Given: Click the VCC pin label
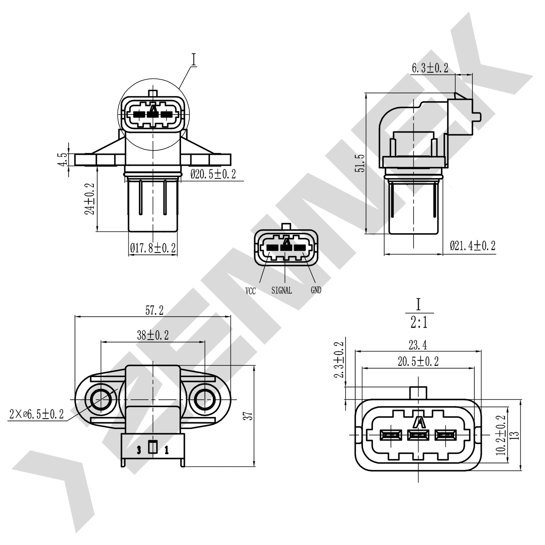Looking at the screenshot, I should (x=250, y=291).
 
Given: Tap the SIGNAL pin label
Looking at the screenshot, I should (x=282, y=291).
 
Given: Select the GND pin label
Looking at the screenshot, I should (x=316, y=290).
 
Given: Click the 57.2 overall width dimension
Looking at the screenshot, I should (x=154, y=310).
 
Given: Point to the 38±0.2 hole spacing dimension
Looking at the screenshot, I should (x=153, y=335).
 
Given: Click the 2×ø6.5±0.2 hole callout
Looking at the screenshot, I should (x=37, y=414).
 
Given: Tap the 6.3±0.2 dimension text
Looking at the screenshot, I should (x=430, y=68).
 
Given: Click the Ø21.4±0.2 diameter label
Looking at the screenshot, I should (x=472, y=246).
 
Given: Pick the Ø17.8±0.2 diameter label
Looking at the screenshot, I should (x=153, y=248).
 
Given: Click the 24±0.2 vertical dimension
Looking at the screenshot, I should (x=90, y=199).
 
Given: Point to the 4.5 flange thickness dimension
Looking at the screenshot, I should (x=62, y=160).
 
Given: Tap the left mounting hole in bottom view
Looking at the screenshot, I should (x=101, y=400).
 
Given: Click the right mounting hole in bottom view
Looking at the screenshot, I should (x=205, y=400).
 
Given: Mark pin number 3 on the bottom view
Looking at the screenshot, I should (x=139, y=451).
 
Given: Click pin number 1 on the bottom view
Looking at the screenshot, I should (x=166, y=451).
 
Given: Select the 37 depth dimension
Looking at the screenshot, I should (x=248, y=416).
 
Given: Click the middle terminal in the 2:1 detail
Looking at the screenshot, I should (x=418, y=435).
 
